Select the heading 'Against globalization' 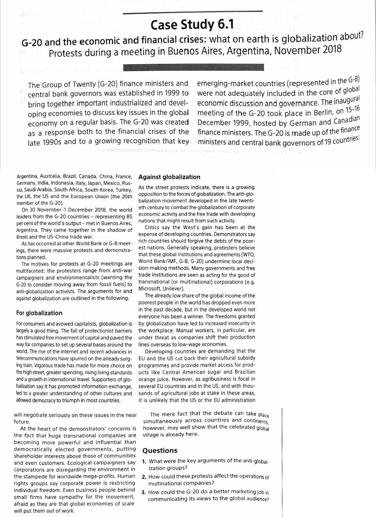tap(169, 177)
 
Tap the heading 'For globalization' tap(39, 313)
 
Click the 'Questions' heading tap(160, 450)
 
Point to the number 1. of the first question tap(144, 461)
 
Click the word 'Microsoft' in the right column tap(150, 289)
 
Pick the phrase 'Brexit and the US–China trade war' tap(55, 237)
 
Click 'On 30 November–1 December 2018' tap(64, 210)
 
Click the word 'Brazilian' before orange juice tap(244, 372)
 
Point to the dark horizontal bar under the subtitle tap(193, 68)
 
